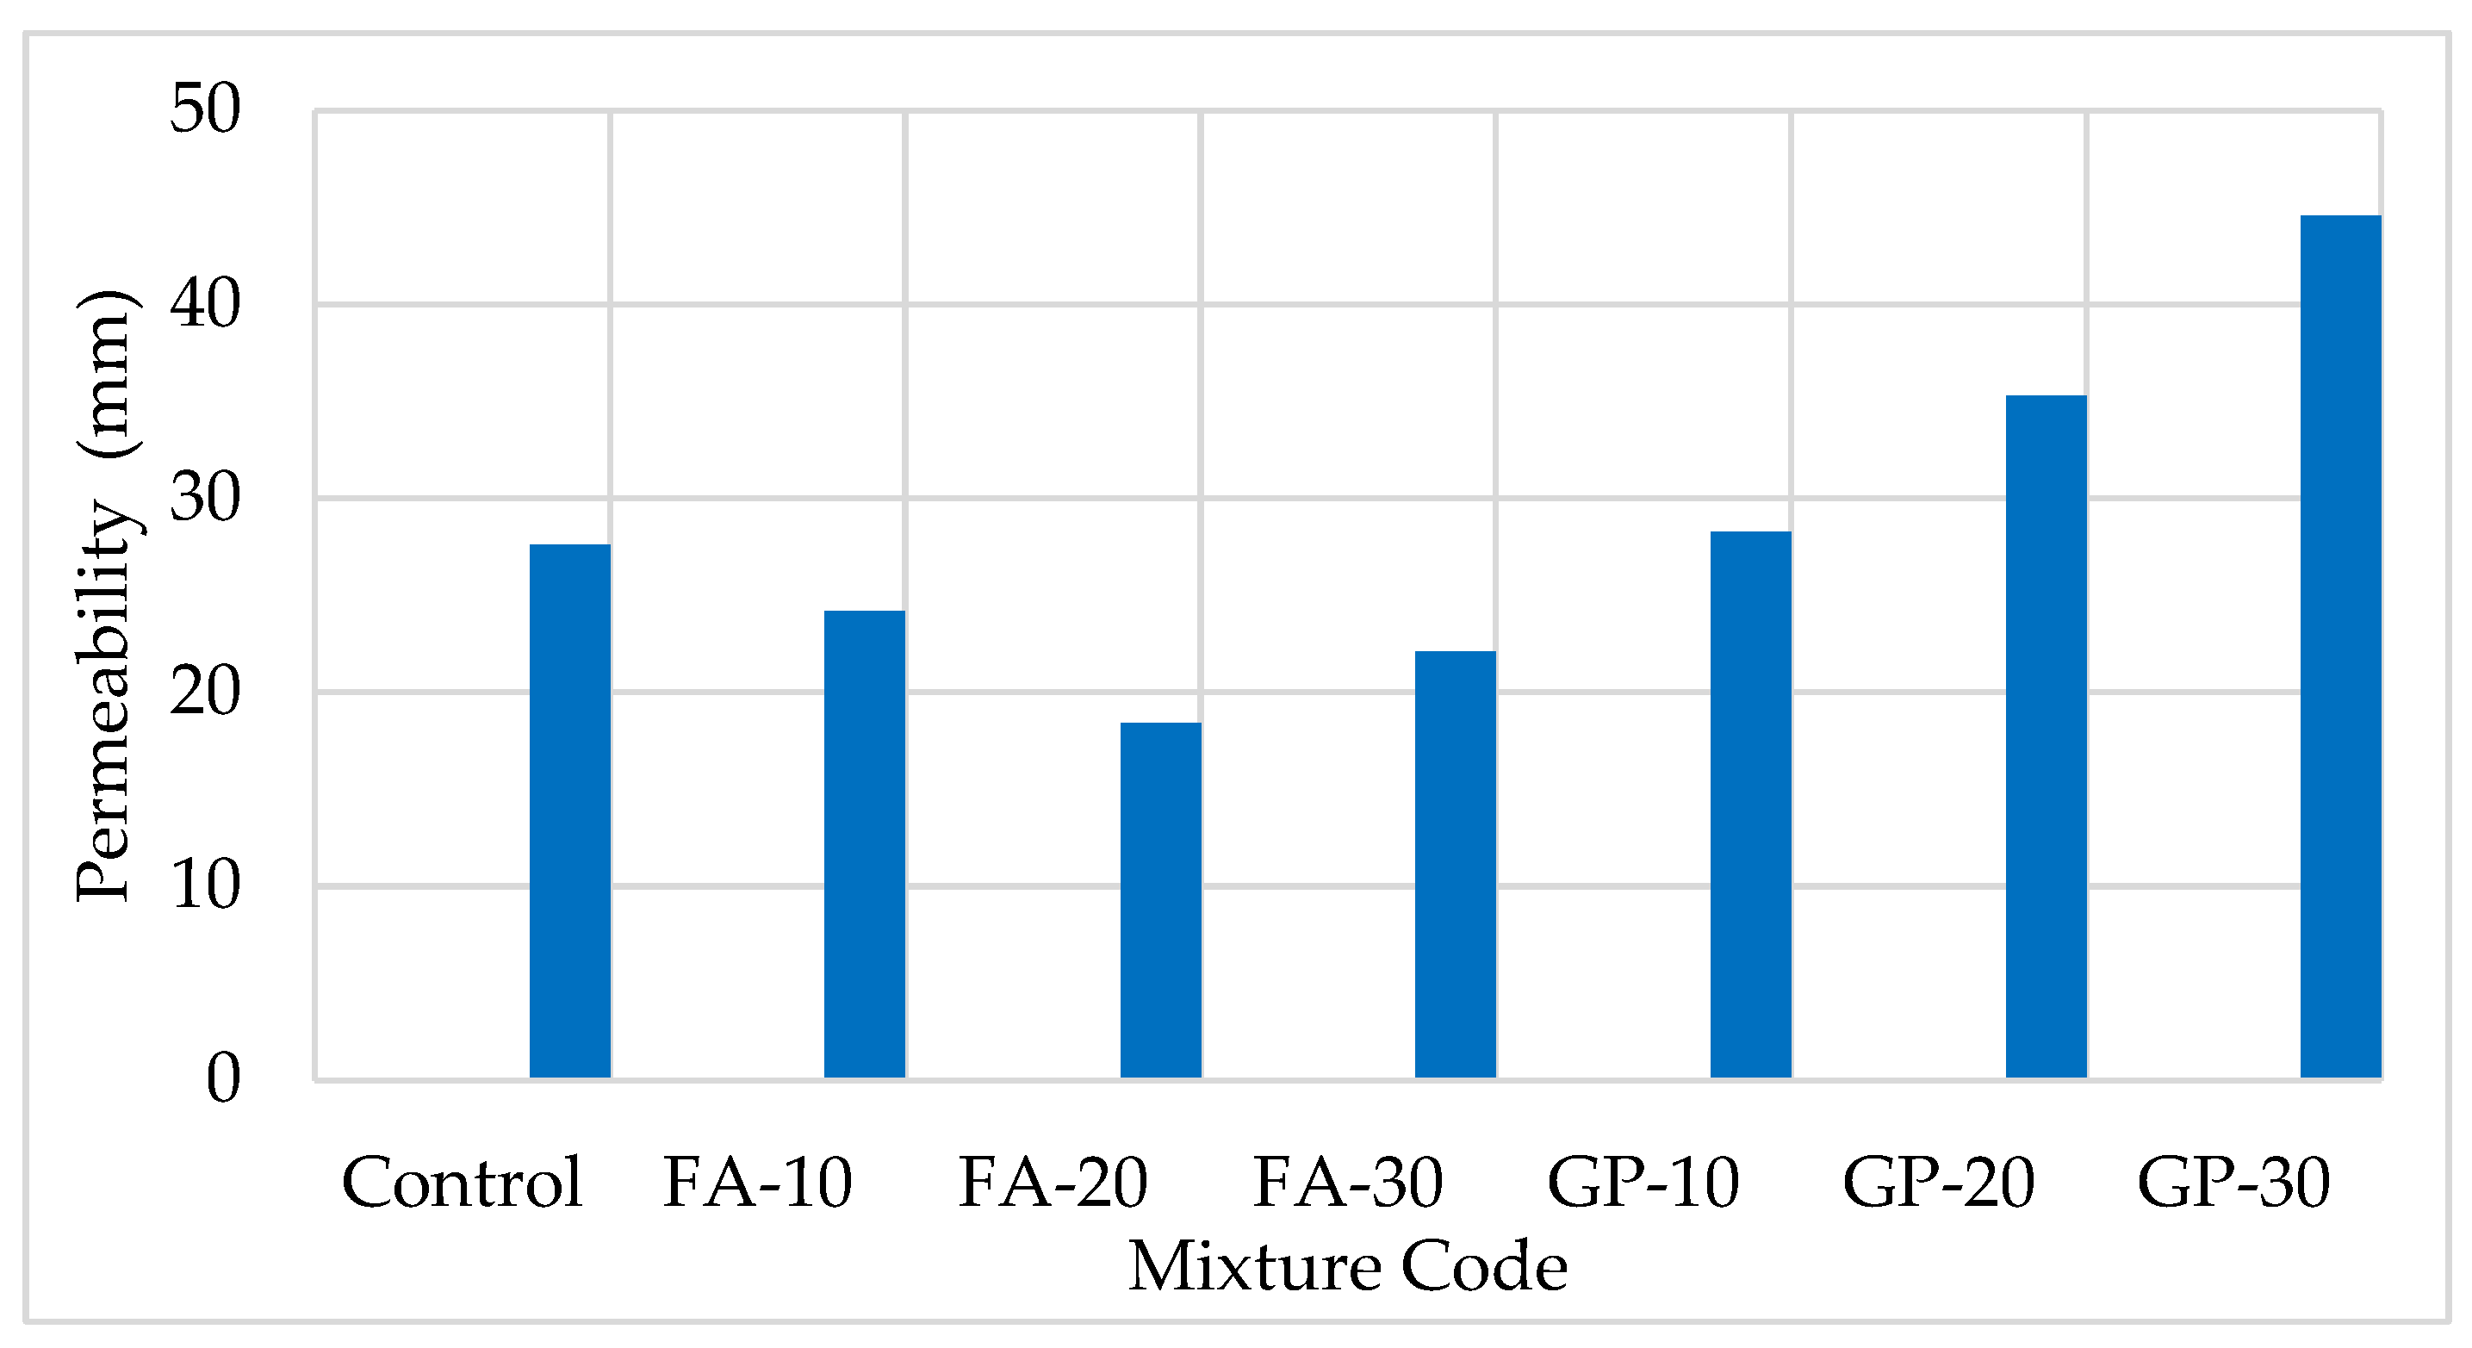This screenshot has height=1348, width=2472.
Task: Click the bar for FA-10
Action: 865,844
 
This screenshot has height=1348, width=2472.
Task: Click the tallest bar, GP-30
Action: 2340,647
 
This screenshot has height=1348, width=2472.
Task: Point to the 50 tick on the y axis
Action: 204,109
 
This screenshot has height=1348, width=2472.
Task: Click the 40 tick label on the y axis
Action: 204,304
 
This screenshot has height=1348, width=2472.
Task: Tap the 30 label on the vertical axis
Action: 204,498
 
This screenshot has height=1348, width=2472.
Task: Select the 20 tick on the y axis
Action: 204,692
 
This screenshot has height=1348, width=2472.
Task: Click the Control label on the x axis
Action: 462,1182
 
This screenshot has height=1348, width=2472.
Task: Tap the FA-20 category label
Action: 1053,1182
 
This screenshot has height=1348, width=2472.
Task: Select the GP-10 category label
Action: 1643,1182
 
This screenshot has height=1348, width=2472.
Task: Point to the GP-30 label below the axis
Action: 2233,1182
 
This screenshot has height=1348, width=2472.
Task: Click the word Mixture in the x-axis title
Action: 1255,1267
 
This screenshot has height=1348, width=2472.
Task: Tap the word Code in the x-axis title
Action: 1485,1267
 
